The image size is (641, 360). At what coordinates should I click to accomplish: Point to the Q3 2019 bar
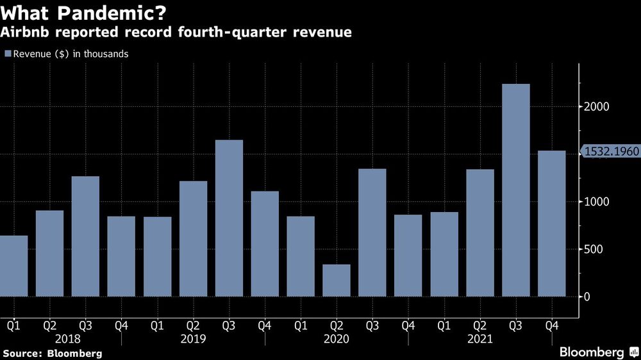[x=229, y=218]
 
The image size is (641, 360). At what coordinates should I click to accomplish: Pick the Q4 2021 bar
[x=552, y=224]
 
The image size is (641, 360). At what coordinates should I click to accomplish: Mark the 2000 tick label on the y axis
[x=595, y=106]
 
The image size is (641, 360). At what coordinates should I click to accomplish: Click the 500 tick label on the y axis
[x=593, y=249]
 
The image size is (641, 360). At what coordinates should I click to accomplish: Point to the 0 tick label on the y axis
[x=587, y=297]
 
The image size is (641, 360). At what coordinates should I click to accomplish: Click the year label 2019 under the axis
[x=193, y=338]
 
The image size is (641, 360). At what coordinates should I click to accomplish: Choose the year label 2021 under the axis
[x=480, y=338]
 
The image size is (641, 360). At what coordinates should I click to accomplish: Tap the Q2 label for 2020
[x=337, y=325]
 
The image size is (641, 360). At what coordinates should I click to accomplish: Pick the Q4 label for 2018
[x=121, y=325]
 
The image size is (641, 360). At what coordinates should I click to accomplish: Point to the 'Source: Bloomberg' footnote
[x=53, y=353]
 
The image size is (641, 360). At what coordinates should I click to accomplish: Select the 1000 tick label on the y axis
[x=595, y=202]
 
